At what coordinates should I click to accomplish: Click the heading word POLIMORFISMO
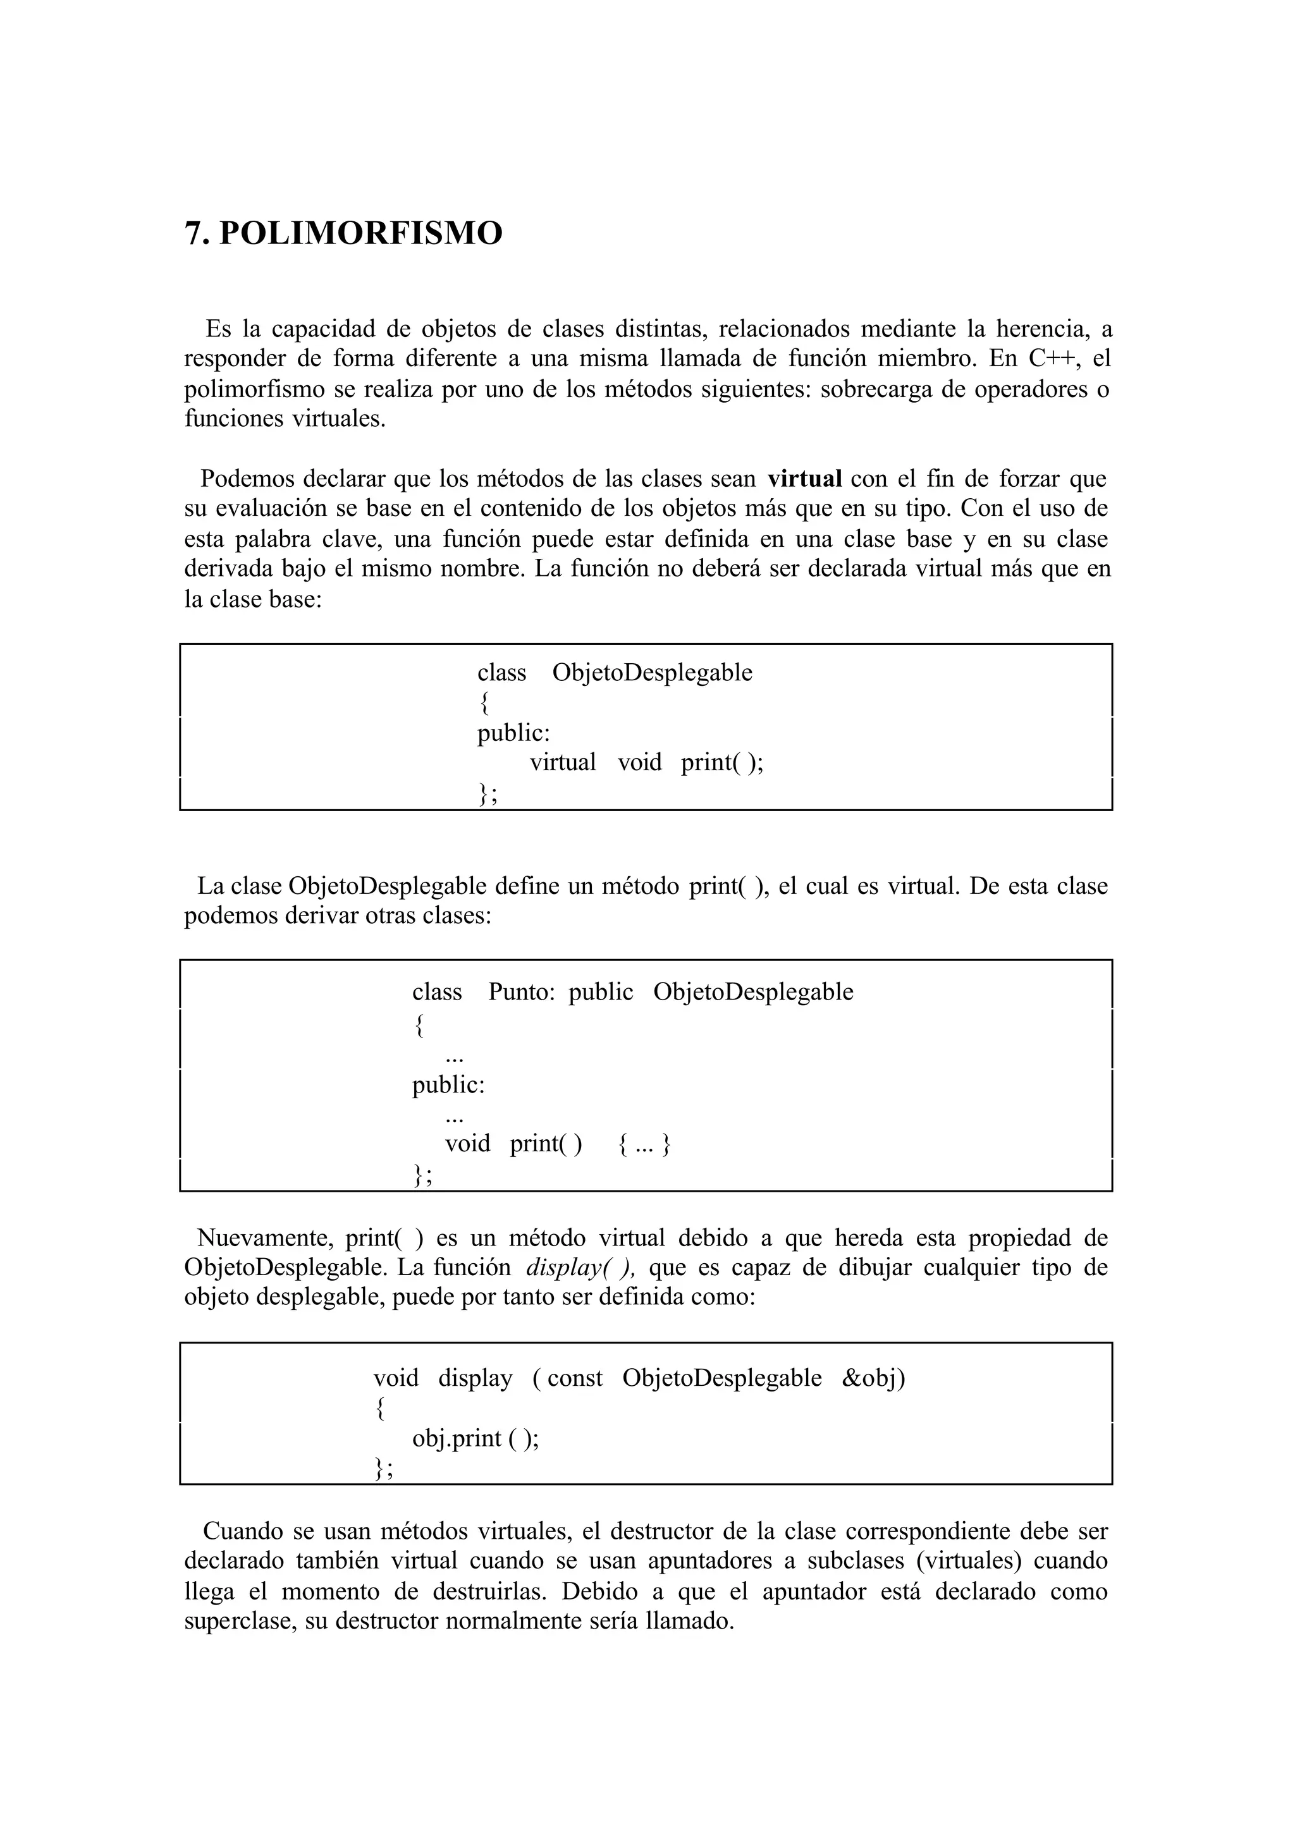[x=360, y=234]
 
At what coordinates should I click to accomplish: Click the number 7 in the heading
[x=192, y=234]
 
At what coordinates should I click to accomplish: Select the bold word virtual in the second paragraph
[x=804, y=479]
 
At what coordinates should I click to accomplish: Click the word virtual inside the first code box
[x=563, y=762]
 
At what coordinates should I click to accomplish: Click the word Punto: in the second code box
[x=520, y=992]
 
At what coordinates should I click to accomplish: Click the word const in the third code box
[x=574, y=1378]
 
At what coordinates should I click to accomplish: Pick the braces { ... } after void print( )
[x=644, y=1144]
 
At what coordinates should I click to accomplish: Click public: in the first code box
[x=513, y=733]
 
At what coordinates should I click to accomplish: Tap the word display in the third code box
[x=476, y=1378]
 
